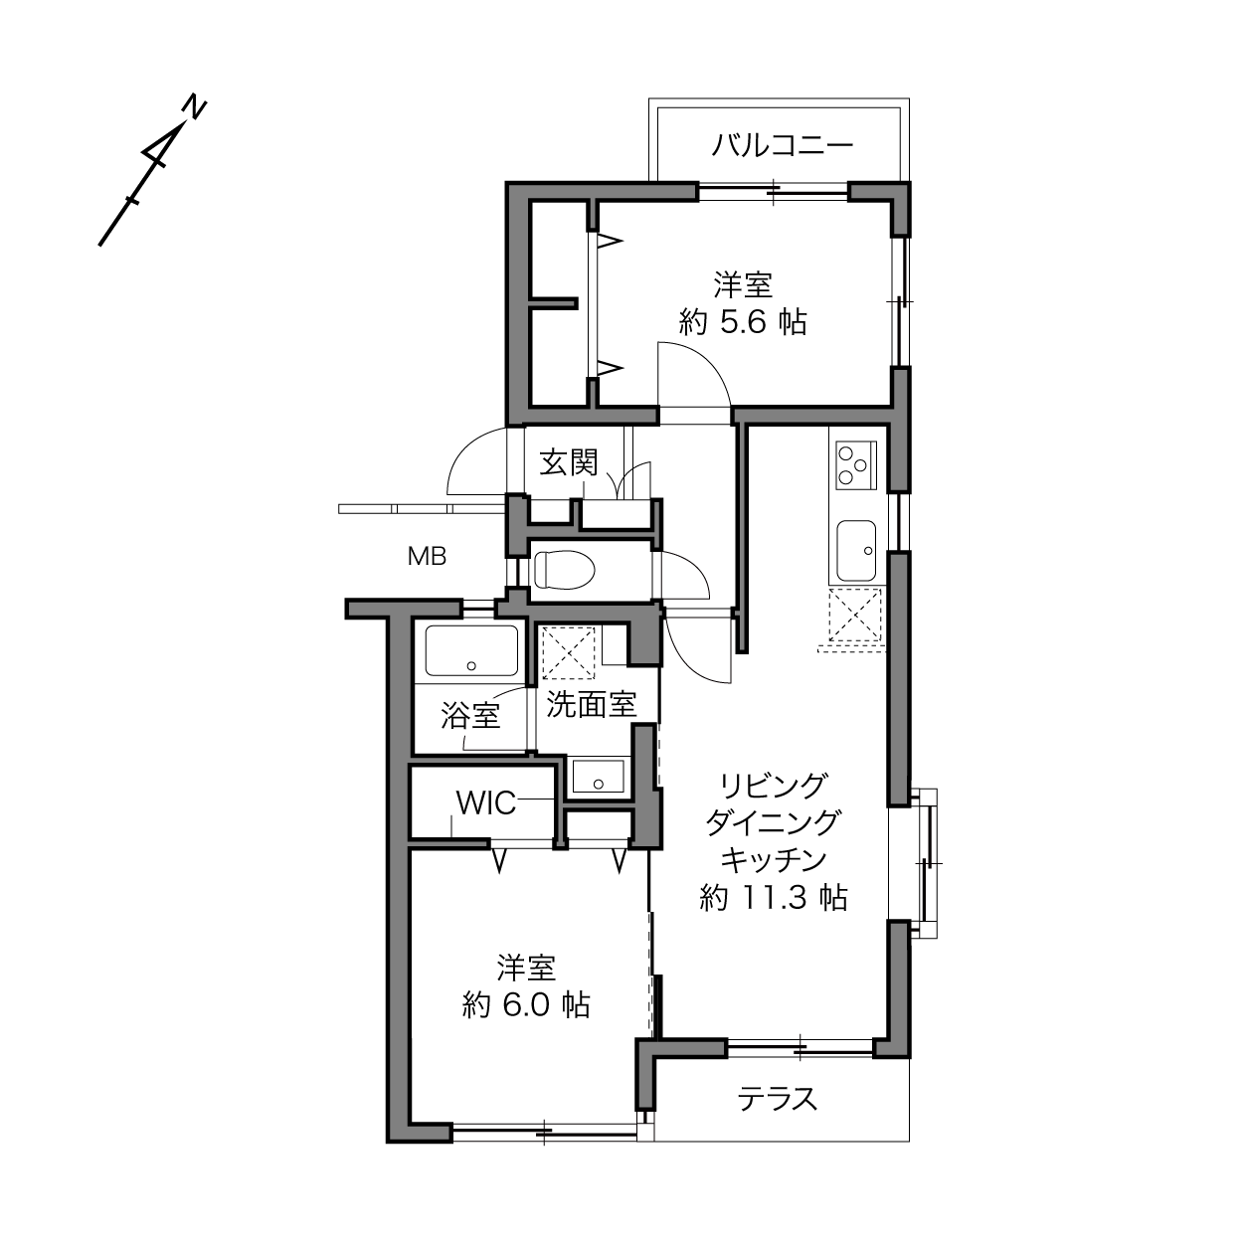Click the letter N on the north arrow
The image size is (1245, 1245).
tap(194, 107)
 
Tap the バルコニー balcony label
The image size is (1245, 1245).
tap(783, 145)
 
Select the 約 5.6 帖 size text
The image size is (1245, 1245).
tap(743, 321)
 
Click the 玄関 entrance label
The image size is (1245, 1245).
tap(569, 462)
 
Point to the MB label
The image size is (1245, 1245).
tap(427, 556)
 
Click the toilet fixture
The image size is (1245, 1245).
tap(564, 570)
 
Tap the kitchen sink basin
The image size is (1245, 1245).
tap(856, 551)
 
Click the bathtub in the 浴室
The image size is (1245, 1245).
tap(471, 650)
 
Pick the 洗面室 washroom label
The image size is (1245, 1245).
tap(592, 704)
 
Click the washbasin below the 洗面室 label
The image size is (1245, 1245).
tap(598, 775)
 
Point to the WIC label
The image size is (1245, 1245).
tap(486, 803)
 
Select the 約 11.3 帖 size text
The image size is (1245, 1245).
tap(774, 897)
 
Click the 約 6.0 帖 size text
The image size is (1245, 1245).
tap(526, 1005)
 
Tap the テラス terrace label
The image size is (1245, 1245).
tap(778, 1099)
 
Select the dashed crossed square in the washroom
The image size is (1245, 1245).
tap(568, 652)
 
